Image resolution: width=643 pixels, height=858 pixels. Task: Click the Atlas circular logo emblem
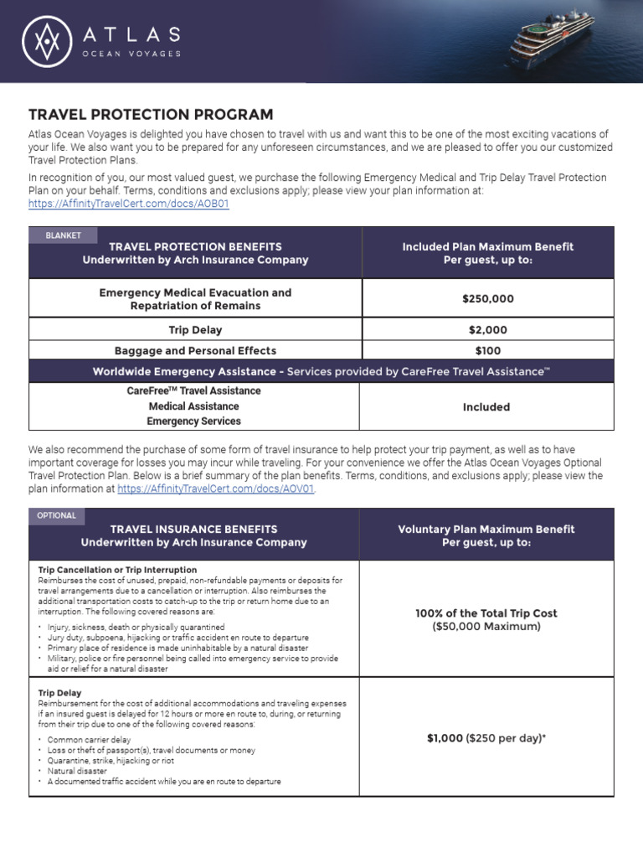(x=48, y=43)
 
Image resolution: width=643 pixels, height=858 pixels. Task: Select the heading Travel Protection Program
(x=151, y=115)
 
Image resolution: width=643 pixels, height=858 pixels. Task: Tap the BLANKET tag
(x=64, y=235)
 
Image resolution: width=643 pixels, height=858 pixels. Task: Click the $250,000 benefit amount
(x=487, y=299)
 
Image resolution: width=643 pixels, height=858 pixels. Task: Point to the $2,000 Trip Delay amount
(x=487, y=330)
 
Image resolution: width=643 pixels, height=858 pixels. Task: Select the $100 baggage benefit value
(x=487, y=350)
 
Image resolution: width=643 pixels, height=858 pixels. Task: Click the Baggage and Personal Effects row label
(x=195, y=350)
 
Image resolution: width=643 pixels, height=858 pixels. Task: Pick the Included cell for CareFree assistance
(x=486, y=406)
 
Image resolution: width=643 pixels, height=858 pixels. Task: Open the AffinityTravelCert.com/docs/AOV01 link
(x=216, y=488)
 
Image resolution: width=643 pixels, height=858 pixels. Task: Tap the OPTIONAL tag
(x=57, y=516)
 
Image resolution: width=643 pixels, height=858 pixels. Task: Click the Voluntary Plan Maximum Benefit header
(x=486, y=535)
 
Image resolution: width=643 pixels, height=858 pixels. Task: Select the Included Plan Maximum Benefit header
(x=487, y=253)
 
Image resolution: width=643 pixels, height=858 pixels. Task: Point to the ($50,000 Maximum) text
(x=486, y=627)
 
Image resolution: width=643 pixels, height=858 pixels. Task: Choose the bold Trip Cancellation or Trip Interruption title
(x=118, y=570)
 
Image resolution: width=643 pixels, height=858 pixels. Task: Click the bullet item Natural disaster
(x=77, y=771)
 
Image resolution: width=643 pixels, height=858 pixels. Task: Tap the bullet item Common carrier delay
(x=89, y=740)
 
